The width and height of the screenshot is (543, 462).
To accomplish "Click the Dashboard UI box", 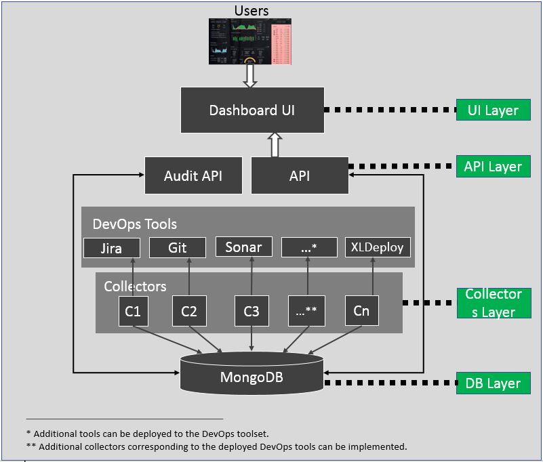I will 252,110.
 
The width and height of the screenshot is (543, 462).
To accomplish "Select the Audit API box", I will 193,175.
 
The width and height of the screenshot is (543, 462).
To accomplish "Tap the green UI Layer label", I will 493,110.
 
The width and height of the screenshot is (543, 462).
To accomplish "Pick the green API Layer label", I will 493,167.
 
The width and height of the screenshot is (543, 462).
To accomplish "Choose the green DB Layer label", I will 493,383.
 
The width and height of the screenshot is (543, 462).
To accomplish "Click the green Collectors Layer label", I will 493,303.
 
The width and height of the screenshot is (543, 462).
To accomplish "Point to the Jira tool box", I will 111,248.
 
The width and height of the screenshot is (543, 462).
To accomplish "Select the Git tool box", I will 177,247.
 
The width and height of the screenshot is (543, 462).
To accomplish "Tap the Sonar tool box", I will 243,247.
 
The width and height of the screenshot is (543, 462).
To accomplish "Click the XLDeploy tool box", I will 378,247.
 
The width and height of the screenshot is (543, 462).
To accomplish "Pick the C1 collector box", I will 133,311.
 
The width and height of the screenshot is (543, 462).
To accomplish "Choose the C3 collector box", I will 252,311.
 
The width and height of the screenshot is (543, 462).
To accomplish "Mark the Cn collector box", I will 361,310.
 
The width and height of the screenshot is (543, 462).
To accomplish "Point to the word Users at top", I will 252,10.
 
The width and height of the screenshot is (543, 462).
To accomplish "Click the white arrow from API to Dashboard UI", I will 275,144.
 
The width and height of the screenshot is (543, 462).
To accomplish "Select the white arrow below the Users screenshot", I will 250,76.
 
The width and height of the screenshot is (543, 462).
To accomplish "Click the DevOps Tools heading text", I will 134,224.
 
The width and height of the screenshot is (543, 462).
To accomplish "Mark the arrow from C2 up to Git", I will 189,276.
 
